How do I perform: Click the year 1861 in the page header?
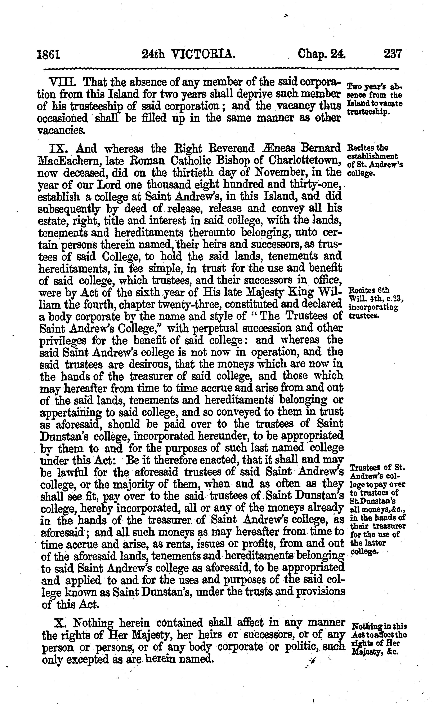pos(48,54)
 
